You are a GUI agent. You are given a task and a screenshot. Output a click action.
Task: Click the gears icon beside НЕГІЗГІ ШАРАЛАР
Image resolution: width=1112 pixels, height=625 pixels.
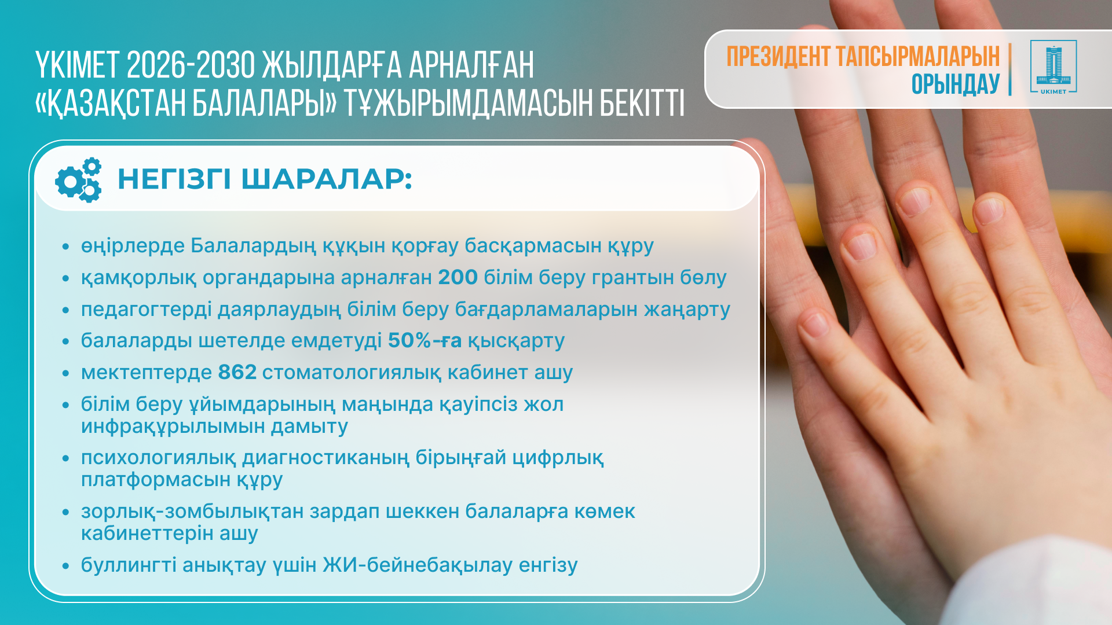click(x=78, y=180)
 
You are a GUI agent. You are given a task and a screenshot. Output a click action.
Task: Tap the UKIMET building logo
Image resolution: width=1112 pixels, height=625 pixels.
click(x=1054, y=67)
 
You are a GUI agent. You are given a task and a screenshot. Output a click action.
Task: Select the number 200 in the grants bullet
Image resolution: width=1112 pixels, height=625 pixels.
click(x=458, y=277)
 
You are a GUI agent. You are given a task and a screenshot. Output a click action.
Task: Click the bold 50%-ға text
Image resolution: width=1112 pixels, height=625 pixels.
click(x=425, y=340)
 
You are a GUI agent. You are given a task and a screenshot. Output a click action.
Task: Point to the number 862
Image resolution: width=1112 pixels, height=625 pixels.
click(x=237, y=372)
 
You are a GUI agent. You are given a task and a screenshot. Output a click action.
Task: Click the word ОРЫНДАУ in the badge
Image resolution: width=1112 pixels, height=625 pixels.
click(x=956, y=84)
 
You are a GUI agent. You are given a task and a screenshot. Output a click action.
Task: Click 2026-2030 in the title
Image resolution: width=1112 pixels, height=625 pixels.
click(x=191, y=65)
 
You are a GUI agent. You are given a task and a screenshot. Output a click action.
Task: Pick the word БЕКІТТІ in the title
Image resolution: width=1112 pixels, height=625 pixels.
click(x=642, y=102)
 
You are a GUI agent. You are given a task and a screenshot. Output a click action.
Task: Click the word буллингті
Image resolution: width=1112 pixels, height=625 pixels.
click(x=129, y=565)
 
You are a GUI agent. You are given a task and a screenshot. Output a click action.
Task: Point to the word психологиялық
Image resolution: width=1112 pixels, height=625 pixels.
click(x=158, y=458)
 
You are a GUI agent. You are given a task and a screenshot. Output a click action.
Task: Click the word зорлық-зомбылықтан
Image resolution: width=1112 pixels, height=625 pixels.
click(x=192, y=512)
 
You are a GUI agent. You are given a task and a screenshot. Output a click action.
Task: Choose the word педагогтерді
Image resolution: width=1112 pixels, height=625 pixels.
click(x=147, y=310)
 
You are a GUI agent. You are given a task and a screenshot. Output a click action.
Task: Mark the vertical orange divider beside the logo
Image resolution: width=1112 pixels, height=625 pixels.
click(x=1010, y=69)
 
